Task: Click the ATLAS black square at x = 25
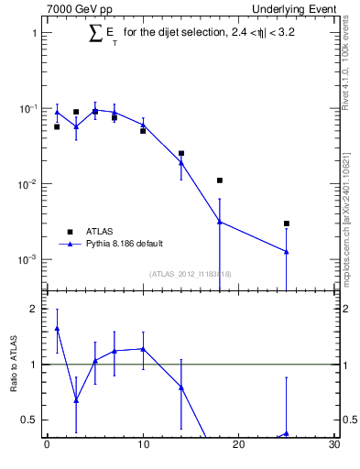(287, 224)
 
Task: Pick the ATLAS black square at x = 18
(220, 180)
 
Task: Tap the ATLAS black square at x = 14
(181, 153)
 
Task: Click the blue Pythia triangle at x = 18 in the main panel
(220, 221)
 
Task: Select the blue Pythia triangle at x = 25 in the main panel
(287, 251)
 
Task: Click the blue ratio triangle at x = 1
(57, 328)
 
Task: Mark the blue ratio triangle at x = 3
(76, 400)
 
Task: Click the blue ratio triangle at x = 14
(181, 387)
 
